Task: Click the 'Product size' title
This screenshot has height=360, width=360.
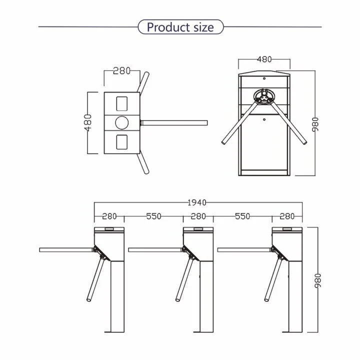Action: [x=180, y=27]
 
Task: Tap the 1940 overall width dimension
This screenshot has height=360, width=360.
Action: [x=197, y=202]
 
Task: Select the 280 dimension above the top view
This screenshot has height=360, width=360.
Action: [x=121, y=71]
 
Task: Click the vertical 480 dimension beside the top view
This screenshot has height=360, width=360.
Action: [x=87, y=122]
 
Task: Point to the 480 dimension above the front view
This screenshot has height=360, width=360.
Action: [x=264, y=59]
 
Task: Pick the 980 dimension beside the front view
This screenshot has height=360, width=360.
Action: [x=315, y=124]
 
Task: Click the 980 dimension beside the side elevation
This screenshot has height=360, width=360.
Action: [x=318, y=281]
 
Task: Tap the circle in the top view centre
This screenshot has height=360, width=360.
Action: [x=121, y=122]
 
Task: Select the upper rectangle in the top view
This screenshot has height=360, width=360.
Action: [x=121, y=104]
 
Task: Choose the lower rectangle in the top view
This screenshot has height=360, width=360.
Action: [x=121, y=142]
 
